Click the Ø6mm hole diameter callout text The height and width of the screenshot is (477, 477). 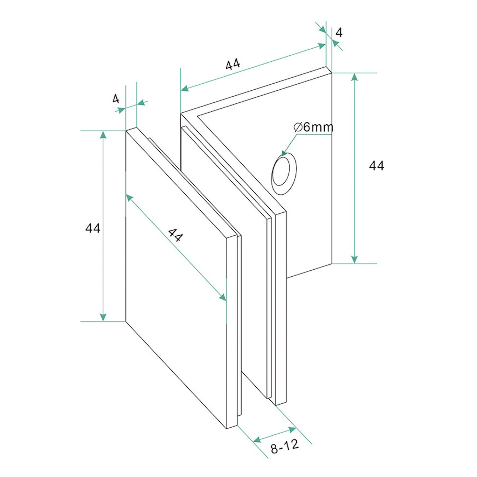(313, 127)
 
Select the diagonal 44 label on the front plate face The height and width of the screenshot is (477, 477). (175, 235)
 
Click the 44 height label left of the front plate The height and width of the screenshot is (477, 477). (93, 228)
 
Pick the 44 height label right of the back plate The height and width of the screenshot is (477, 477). (377, 165)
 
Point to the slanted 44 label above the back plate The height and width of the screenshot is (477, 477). (233, 64)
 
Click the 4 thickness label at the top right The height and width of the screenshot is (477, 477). (339, 32)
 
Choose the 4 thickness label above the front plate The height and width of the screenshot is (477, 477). (116, 99)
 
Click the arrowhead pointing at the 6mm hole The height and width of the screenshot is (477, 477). (284, 153)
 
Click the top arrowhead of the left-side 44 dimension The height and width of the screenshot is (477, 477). (103, 135)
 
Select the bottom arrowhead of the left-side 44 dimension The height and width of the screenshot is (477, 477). (103, 317)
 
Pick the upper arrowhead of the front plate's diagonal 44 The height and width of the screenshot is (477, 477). (129, 197)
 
